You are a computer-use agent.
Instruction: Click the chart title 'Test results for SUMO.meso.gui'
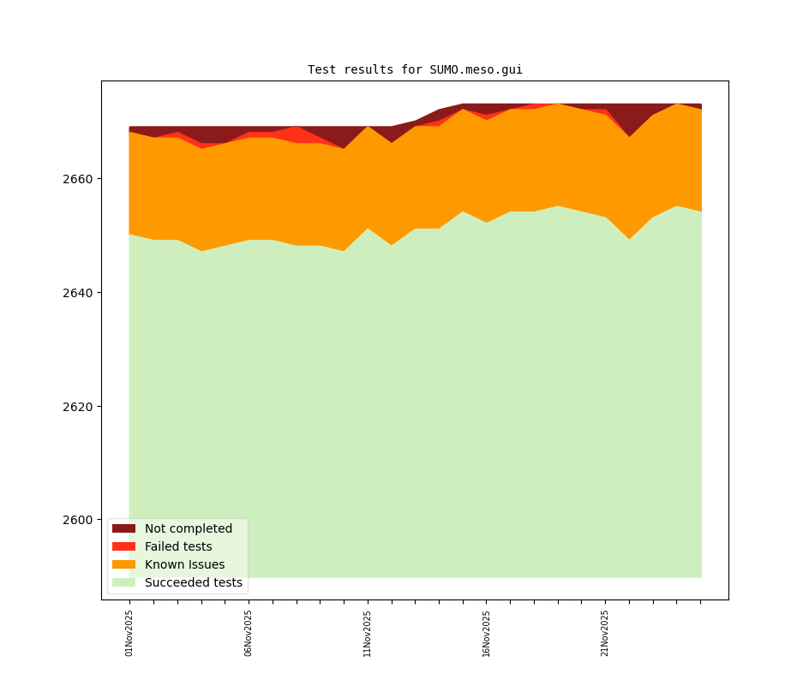[415, 70]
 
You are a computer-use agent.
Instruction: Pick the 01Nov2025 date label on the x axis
[129, 633]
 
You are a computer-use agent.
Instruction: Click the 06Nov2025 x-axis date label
[249, 633]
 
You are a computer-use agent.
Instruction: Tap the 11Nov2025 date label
[368, 633]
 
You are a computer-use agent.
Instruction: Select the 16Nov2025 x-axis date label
[486, 633]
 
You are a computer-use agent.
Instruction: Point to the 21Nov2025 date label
[605, 633]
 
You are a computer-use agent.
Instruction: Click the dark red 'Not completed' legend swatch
[123, 529]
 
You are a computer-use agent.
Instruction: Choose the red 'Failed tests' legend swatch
[123, 547]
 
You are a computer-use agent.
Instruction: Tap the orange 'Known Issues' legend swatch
[123, 565]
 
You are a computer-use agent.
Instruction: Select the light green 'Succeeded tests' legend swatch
[123, 583]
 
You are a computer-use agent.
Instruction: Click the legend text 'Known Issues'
[184, 565]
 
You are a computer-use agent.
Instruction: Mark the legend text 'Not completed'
[189, 529]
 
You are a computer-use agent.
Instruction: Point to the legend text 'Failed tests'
[178, 547]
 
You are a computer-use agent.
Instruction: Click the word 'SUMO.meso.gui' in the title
[476, 70]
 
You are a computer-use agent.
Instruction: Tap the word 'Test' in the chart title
[322, 70]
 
